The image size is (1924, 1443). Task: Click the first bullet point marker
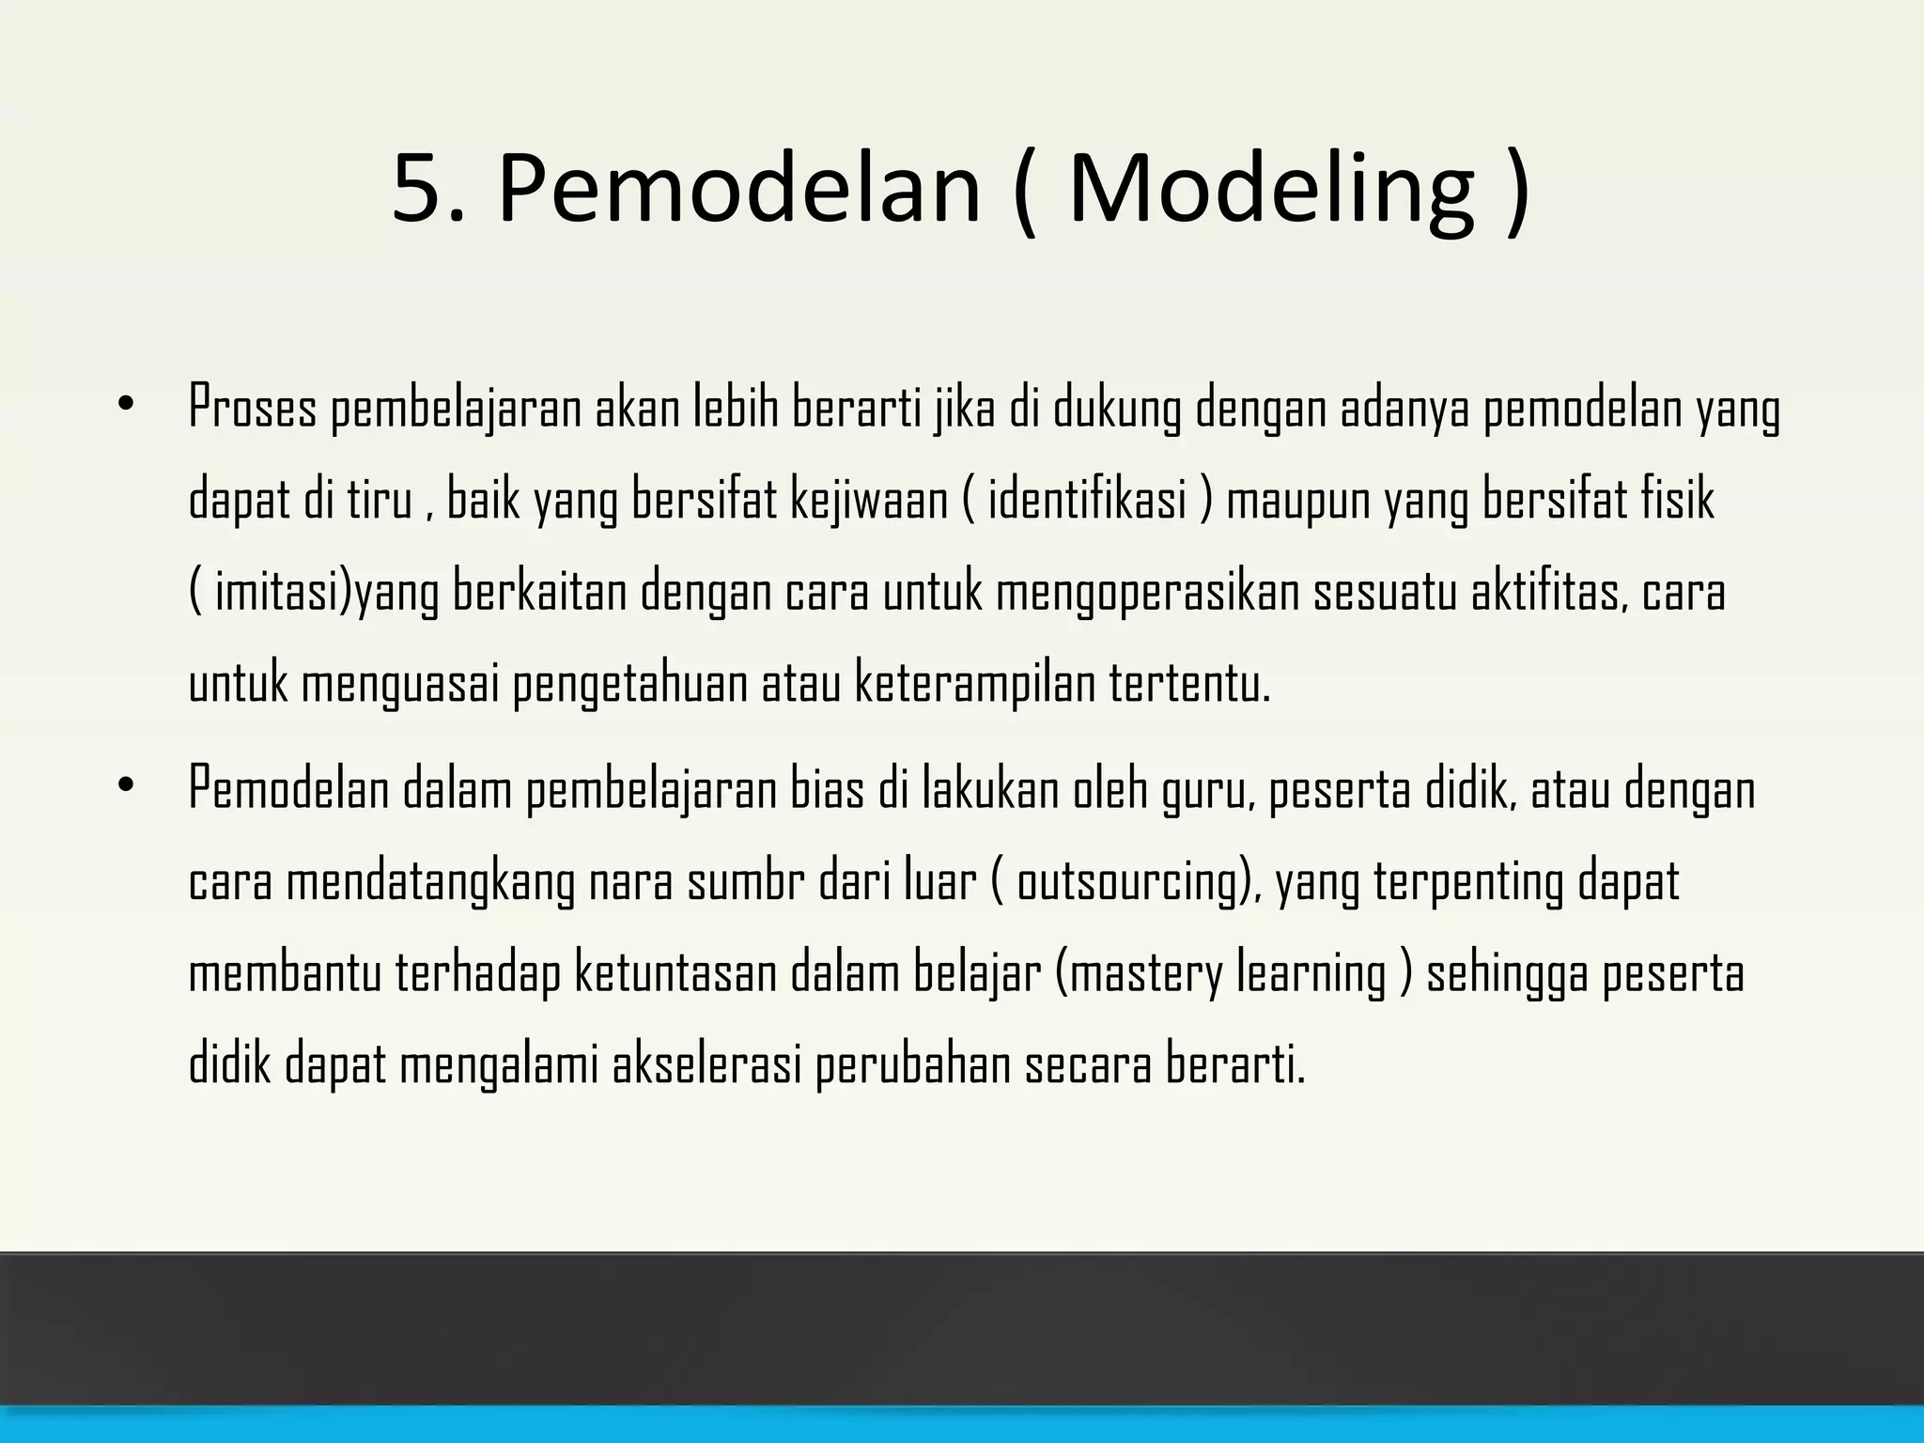point(126,405)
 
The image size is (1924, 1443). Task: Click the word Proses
point(253,409)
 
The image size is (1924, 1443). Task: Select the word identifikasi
point(1087,500)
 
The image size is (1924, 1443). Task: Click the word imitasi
point(280,592)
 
